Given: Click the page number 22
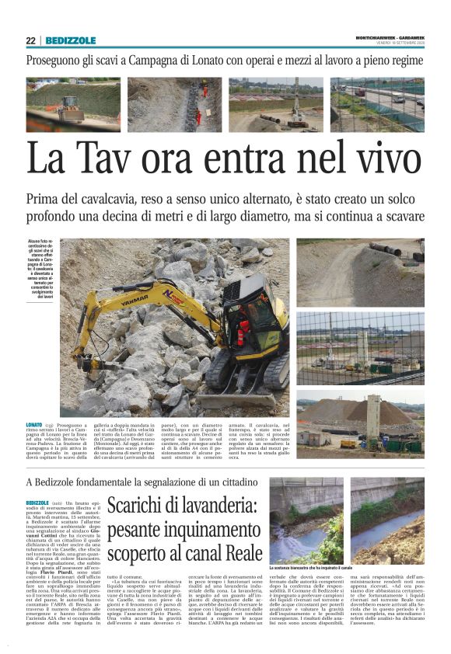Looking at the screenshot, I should click(31, 40).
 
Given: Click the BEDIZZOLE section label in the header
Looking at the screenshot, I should click(71, 40).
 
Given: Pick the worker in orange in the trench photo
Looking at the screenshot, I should click(198, 117).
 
